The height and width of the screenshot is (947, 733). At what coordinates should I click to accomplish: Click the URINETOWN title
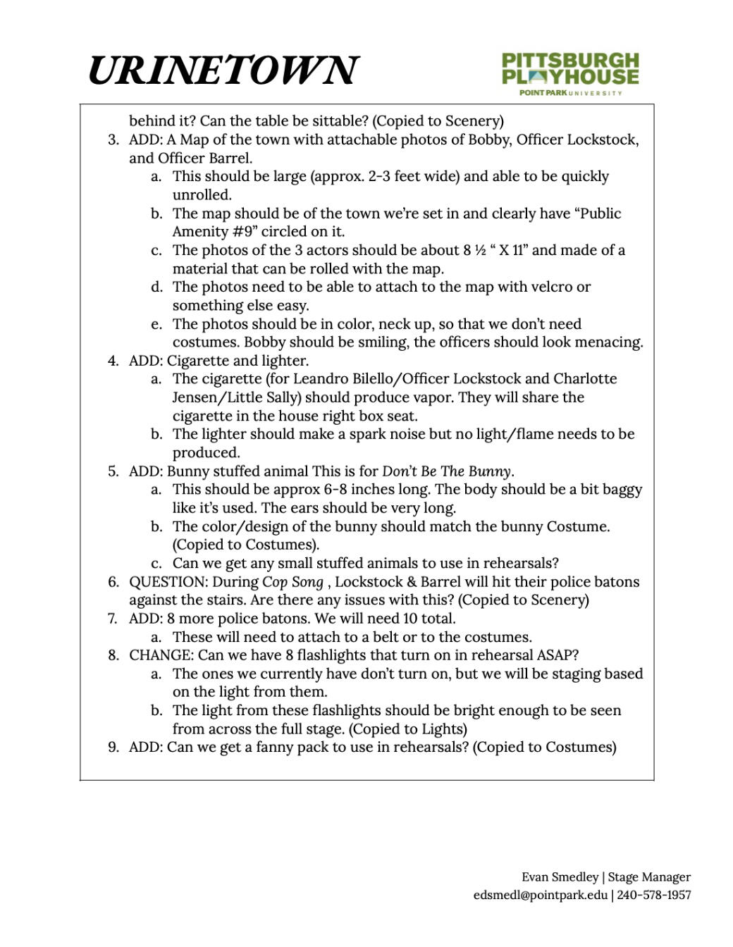pyautogui.click(x=223, y=70)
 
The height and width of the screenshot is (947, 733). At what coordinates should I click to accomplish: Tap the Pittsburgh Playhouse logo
pyautogui.click(x=569, y=73)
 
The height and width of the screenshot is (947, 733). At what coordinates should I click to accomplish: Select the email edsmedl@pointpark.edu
pyautogui.click(x=540, y=895)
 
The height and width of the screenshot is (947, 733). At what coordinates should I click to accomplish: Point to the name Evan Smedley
pyautogui.click(x=560, y=877)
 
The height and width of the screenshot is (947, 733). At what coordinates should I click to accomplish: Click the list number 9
pyautogui.click(x=113, y=748)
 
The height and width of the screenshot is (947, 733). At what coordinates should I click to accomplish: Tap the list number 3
pyautogui.click(x=113, y=140)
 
